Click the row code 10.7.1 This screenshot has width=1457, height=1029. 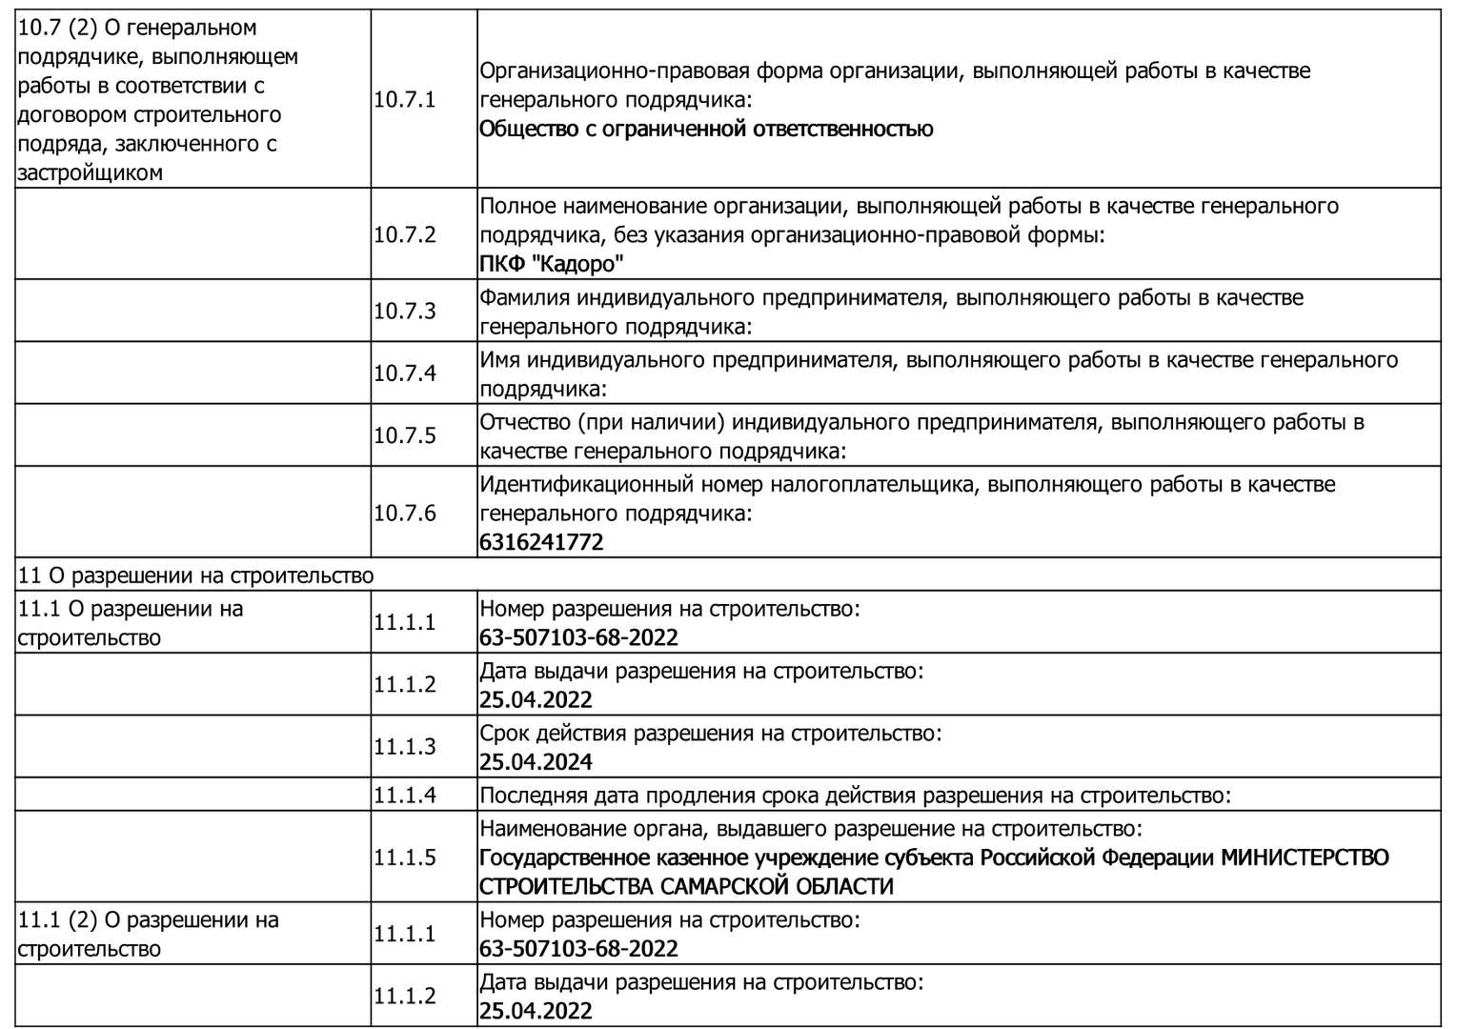pyautogui.click(x=404, y=99)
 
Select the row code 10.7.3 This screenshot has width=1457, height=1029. pyautogui.click(x=404, y=311)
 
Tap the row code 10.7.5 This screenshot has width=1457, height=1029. pyautogui.click(x=404, y=435)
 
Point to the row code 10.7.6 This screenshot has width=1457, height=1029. pyautogui.click(x=404, y=513)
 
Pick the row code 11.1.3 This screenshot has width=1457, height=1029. pyautogui.click(x=404, y=746)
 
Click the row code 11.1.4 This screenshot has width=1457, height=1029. pyautogui.click(x=404, y=795)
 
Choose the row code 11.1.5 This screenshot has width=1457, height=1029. pyautogui.click(x=404, y=857)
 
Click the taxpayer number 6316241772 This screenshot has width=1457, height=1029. pyautogui.click(x=541, y=542)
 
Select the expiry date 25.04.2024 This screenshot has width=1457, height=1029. pyautogui.click(x=536, y=761)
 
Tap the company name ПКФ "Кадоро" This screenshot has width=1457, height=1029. pyautogui.click(x=552, y=264)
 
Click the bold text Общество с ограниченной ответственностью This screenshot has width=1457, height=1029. pyautogui.click(x=706, y=129)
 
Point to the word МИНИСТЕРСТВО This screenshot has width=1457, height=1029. pyautogui.click(x=1305, y=857)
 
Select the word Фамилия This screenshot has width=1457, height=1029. pyautogui.click(x=520, y=297)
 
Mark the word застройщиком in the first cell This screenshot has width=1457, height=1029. pyautogui.click(x=91, y=172)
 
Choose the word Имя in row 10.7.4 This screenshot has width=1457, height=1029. pyautogui.click(x=499, y=360)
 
